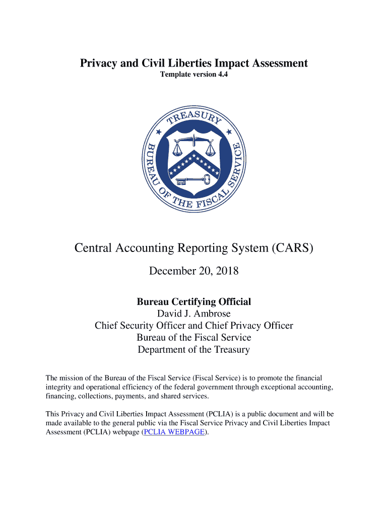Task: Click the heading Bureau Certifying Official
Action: pyautogui.click(x=194, y=302)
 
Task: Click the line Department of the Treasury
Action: pyautogui.click(x=194, y=350)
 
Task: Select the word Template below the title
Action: pyautogui.click(x=176, y=75)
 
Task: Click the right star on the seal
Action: pyautogui.click(x=229, y=132)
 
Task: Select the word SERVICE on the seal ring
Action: pyautogui.click(x=236, y=166)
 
